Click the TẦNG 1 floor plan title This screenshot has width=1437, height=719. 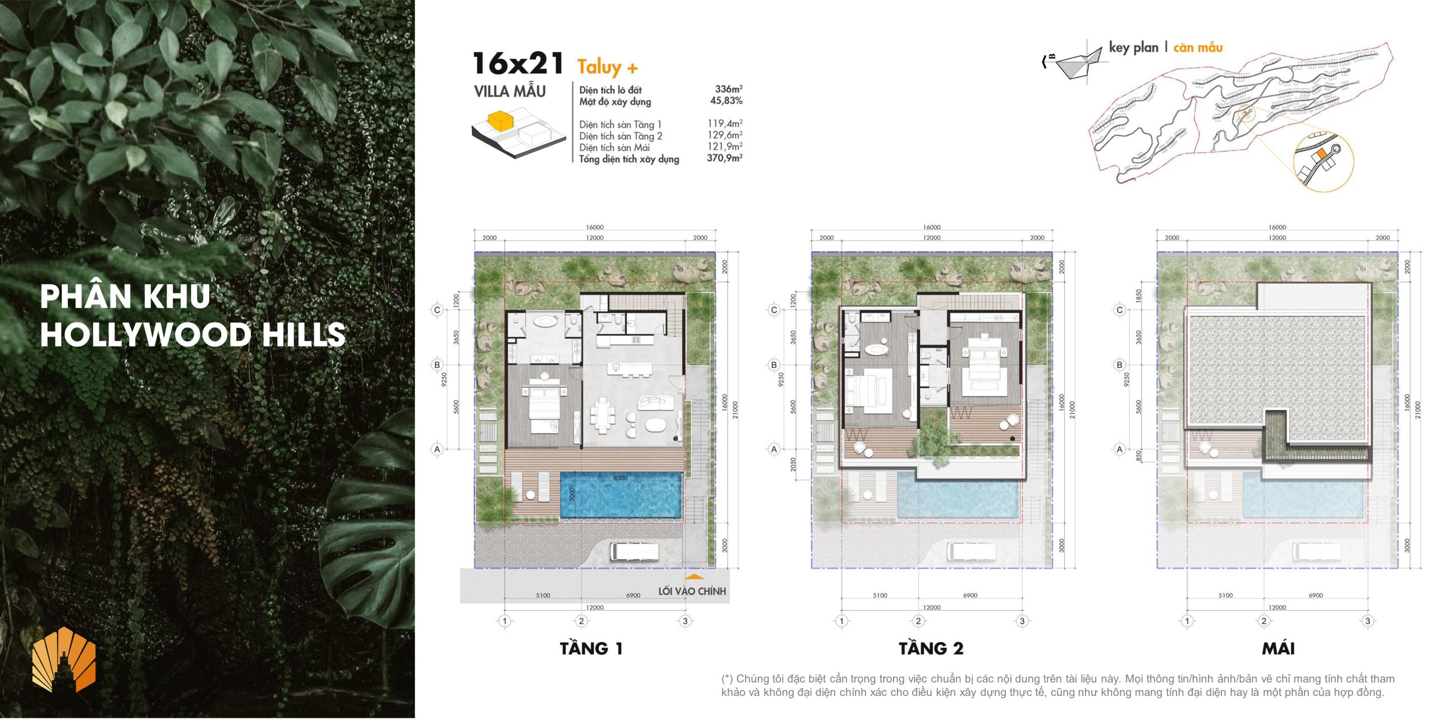tap(591, 648)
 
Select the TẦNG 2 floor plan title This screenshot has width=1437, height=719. tap(931, 648)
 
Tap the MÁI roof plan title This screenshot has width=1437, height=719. tap(1278, 648)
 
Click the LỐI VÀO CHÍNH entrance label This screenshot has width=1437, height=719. tap(692, 591)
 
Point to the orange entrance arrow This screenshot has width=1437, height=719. tap(694, 576)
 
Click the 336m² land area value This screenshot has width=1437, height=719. tap(729, 89)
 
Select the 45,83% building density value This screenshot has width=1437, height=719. tap(726, 101)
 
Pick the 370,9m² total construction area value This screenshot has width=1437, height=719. tap(725, 158)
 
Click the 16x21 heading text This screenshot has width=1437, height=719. tap(518, 63)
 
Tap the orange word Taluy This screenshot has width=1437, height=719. tap(599, 67)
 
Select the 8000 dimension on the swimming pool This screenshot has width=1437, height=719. tap(620, 478)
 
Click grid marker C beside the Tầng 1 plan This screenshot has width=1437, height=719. tap(437, 310)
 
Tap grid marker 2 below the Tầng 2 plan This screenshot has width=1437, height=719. tap(918, 621)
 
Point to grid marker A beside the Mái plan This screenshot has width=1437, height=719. tap(1120, 449)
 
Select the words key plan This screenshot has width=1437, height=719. tap(1133, 48)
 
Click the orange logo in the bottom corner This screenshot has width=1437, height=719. tap(64, 659)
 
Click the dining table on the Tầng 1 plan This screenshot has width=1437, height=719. tap(602, 416)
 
